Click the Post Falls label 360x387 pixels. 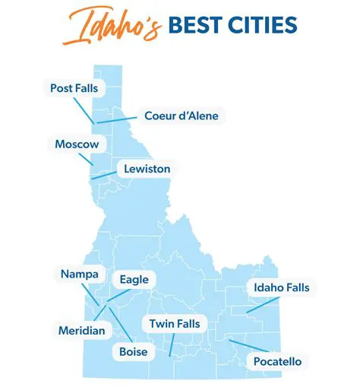(x=74, y=89)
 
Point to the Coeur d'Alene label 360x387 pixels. (x=181, y=116)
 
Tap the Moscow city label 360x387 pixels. (x=77, y=144)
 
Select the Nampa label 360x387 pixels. (x=77, y=273)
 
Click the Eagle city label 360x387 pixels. (x=134, y=280)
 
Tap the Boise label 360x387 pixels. (x=133, y=351)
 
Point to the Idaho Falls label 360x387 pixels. (x=278, y=287)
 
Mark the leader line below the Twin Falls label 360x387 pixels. (x=172, y=344)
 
